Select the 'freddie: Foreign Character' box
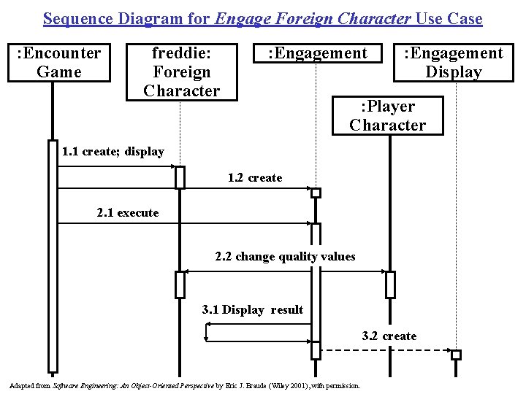click(182, 72)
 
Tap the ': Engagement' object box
click(318, 53)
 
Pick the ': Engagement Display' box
click(454, 62)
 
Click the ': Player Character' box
click(387, 115)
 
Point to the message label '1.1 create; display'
click(113, 152)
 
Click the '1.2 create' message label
click(255, 178)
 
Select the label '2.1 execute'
click(128, 213)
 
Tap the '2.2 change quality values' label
click(285, 257)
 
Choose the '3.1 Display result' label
click(252, 310)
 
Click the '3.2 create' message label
click(389, 336)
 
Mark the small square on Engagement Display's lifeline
click(456, 355)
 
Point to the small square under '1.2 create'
click(316, 193)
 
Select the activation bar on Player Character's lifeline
click(390, 285)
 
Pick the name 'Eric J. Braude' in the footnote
click(248, 385)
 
